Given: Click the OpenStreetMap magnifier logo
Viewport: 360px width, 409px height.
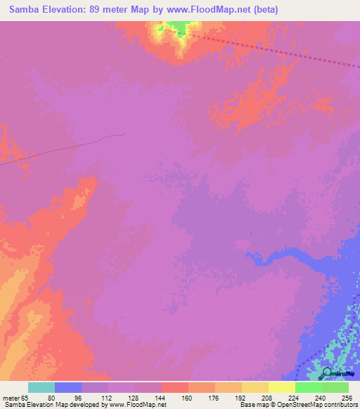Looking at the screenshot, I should point(326,373).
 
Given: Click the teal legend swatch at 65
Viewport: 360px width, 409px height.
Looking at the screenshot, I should point(41,387).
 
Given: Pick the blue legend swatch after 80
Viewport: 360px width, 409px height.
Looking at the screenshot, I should point(67,387).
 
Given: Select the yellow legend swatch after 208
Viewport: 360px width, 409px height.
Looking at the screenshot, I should point(281,387).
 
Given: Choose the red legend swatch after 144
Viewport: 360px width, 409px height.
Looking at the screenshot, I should point(174,387).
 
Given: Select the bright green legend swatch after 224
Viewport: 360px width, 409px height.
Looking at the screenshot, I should point(308,387).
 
